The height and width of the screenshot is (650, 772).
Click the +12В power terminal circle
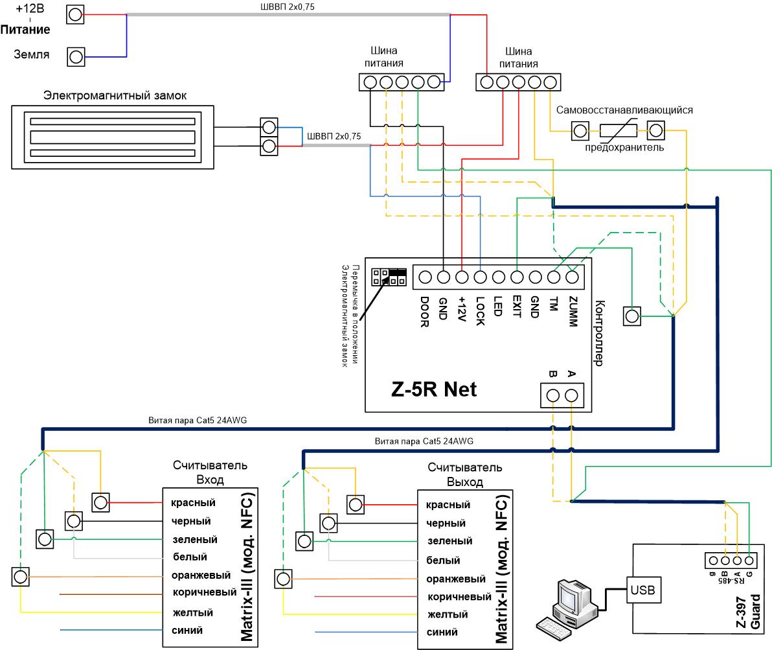[75, 15]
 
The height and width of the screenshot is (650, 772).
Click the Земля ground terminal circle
[76, 57]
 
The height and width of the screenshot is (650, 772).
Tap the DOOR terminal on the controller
[425, 277]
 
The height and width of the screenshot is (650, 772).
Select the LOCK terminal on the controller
[480, 277]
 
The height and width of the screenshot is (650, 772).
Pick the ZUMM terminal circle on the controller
[572, 277]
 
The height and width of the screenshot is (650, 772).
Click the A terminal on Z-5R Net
[571, 395]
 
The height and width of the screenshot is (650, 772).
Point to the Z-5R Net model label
[434, 389]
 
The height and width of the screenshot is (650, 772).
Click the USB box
[642, 590]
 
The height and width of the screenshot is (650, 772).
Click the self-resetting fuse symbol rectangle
[618, 131]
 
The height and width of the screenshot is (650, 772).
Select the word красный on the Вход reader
[193, 503]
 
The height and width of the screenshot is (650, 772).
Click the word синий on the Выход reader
[442, 632]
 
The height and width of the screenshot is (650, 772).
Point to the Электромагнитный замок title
[115, 96]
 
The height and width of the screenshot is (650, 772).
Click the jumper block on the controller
[389, 277]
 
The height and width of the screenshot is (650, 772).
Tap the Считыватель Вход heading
[210, 472]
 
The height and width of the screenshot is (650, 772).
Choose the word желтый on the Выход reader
[448, 614]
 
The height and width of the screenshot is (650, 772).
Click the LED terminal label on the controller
[498, 306]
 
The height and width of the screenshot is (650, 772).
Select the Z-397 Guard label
[748, 611]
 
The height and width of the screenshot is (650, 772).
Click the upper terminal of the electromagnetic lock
[269, 128]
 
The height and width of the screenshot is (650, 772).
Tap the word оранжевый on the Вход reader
[201, 575]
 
